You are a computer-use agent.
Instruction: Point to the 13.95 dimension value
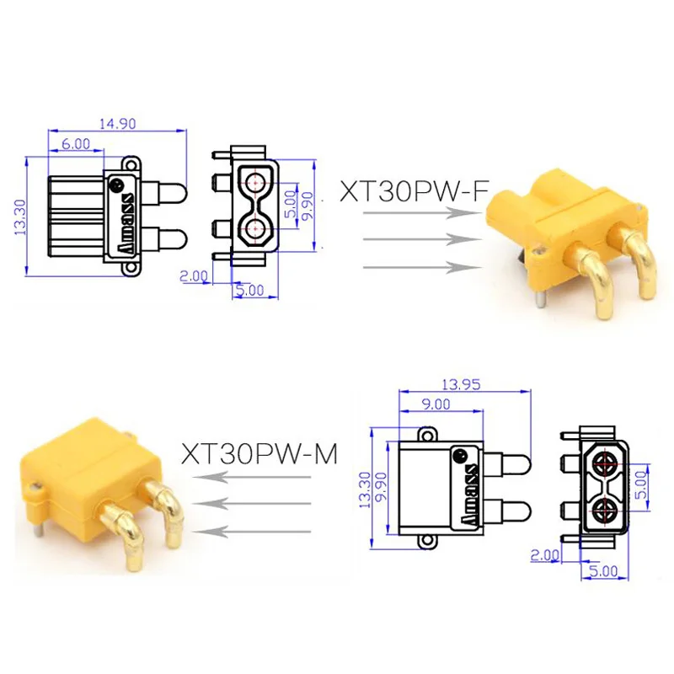point(465,386)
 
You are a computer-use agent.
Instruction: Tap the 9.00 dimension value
point(436,405)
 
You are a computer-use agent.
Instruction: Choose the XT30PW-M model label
point(259,455)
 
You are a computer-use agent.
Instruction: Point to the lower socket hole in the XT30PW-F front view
point(254,227)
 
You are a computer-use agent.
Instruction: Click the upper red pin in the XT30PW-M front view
point(605,464)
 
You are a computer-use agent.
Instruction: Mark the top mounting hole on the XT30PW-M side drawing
point(430,434)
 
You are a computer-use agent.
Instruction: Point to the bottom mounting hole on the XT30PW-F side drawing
point(131,269)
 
